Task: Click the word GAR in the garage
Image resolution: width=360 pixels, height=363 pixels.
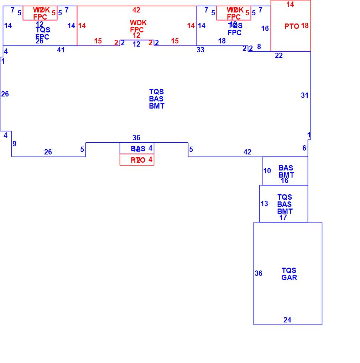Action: pyautogui.click(x=289, y=278)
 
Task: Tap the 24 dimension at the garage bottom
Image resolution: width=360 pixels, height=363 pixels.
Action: pyautogui.click(x=287, y=320)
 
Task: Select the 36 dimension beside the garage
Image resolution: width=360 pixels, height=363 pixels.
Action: pyautogui.click(x=259, y=273)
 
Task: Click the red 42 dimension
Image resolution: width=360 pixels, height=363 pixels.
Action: pyautogui.click(x=136, y=10)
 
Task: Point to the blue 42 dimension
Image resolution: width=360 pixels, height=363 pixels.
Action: pyautogui.click(x=247, y=152)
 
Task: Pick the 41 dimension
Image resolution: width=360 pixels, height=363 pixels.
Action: pyautogui.click(x=61, y=50)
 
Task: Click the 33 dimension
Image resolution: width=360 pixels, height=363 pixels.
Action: pyautogui.click(x=200, y=50)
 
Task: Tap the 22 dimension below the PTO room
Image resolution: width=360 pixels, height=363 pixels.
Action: pyautogui.click(x=279, y=56)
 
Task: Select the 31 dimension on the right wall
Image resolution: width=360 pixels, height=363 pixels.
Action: pyautogui.click(x=304, y=95)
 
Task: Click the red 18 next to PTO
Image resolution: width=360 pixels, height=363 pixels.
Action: pyautogui.click(x=305, y=26)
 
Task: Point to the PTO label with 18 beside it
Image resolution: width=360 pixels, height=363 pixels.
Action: pyautogui.click(x=292, y=26)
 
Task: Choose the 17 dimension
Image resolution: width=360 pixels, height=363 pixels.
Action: pyautogui.click(x=283, y=217)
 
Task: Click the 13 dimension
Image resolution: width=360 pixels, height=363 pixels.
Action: pyautogui.click(x=264, y=204)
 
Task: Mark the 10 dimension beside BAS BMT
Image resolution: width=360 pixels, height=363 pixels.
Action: pyautogui.click(x=267, y=171)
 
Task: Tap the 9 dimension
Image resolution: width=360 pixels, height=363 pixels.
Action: pyautogui.click(x=15, y=144)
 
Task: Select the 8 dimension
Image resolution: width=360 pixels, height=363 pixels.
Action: pyautogui.click(x=259, y=46)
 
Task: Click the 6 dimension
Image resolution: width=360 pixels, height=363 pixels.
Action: pyautogui.click(x=304, y=148)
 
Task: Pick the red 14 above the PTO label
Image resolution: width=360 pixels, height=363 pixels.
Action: pyautogui.click(x=290, y=4)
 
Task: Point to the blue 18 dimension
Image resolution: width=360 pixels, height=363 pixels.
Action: pyautogui.click(x=222, y=41)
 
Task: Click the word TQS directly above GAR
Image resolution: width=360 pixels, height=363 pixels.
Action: pyautogui.click(x=289, y=270)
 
